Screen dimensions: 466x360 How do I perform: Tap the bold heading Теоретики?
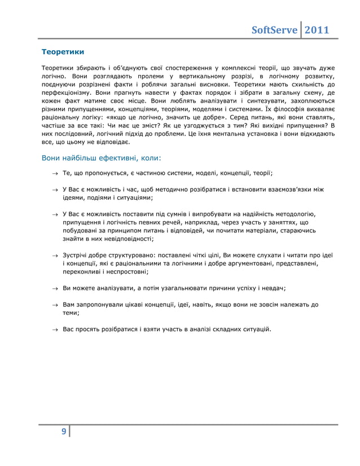64,52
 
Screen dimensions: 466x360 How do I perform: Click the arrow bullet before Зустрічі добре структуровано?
55,256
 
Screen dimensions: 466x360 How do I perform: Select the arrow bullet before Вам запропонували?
55,305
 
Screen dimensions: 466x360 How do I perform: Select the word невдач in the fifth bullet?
273,288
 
